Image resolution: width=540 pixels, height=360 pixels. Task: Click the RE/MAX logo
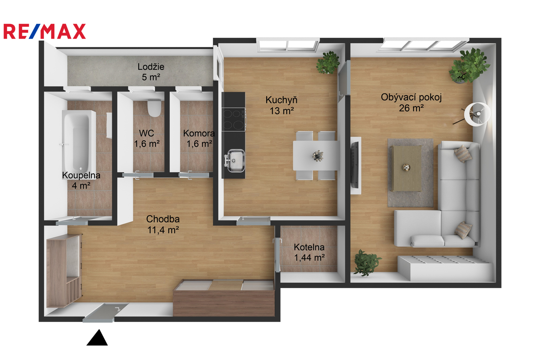[45, 31]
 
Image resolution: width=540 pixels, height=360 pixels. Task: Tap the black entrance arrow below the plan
[97, 338]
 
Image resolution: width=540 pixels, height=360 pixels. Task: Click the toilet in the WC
[154, 108]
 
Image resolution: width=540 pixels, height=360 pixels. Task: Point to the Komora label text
[199, 133]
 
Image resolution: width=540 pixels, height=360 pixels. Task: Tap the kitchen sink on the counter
[236, 161]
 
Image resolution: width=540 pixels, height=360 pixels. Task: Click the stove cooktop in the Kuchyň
[233, 119]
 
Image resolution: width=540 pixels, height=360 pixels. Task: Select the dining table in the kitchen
[316, 156]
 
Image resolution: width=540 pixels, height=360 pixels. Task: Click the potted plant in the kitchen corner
[328, 62]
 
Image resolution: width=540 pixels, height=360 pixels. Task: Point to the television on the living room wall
[355, 165]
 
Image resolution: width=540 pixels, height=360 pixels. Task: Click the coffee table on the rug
[407, 168]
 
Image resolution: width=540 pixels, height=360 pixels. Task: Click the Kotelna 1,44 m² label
[309, 252]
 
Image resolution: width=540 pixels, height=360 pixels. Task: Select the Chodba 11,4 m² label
[163, 224]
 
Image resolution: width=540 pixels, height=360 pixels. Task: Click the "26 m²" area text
[411, 108]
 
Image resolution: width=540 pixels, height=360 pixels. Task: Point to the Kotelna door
[277, 255]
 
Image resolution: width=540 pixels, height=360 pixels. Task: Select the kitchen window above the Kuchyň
[288, 45]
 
